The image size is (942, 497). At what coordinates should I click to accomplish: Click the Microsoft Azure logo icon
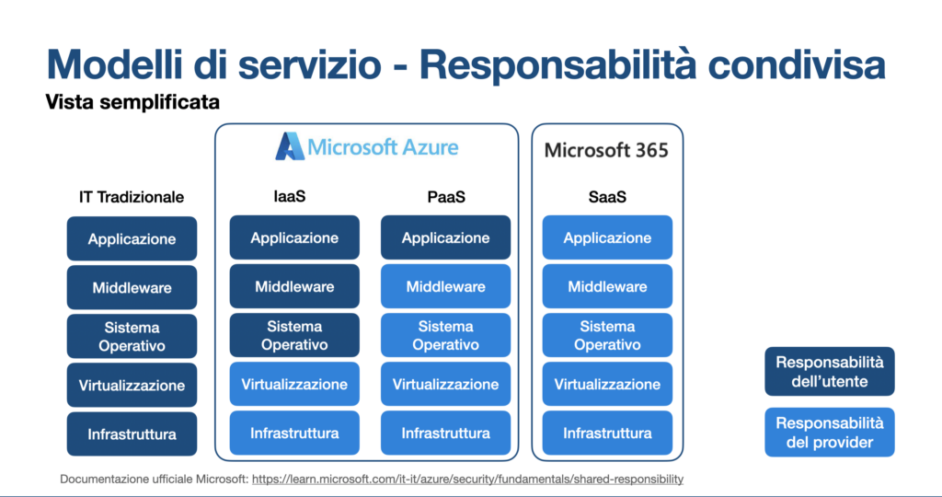click(289, 147)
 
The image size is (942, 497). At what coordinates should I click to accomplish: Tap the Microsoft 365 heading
click(606, 150)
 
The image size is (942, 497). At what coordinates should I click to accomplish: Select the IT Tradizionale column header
click(132, 197)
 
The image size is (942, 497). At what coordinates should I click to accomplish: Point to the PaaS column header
click(445, 197)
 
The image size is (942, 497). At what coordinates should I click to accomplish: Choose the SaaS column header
click(607, 197)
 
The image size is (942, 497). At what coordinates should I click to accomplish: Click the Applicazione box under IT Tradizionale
click(132, 239)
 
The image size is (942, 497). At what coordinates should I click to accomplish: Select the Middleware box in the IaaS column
click(294, 286)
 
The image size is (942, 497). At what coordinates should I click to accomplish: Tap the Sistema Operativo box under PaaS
click(445, 336)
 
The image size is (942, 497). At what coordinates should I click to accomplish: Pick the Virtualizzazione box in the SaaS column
click(607, 385)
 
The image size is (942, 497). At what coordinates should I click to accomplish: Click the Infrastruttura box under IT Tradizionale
click(132, 433)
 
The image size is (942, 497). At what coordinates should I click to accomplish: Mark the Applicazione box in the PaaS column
click(445, 238)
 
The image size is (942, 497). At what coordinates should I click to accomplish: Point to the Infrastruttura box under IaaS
click(294, 433)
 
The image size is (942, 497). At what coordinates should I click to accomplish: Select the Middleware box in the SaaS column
click(607, 286)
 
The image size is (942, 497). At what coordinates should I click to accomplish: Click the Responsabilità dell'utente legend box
click(829, 372)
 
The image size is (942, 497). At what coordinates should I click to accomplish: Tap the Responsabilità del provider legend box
click(829, 433)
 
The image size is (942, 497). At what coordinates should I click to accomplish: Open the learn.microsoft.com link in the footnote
click(467, 480)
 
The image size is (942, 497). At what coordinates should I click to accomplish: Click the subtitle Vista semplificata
click(132, 102)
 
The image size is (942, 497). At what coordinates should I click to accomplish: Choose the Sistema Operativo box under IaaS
click(294, 336)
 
